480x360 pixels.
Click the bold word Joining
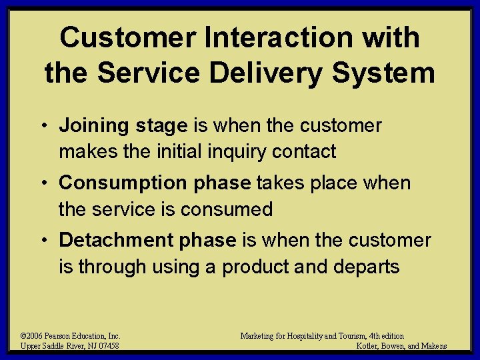point(92,125)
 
